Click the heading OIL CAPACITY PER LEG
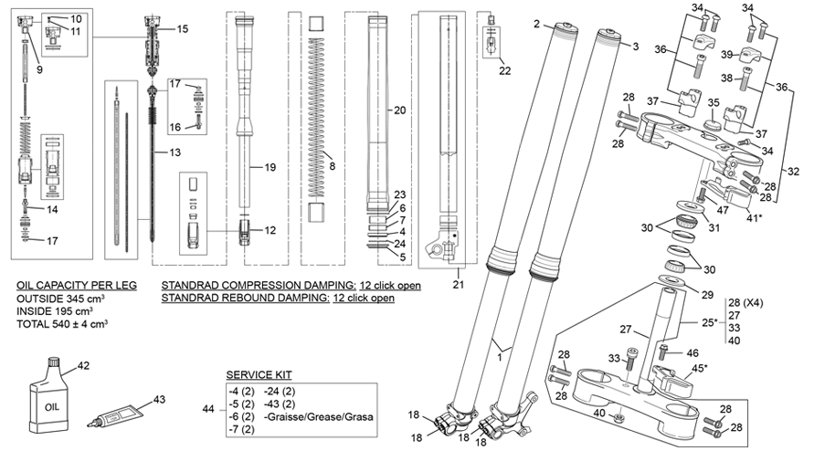pos(77,285)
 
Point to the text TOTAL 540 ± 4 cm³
pos(63,323)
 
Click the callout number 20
pos(398,110)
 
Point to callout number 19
pos(270,167)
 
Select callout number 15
pos(183,29)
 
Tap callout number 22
pos(505,69)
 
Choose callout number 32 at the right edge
pos(792,170)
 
